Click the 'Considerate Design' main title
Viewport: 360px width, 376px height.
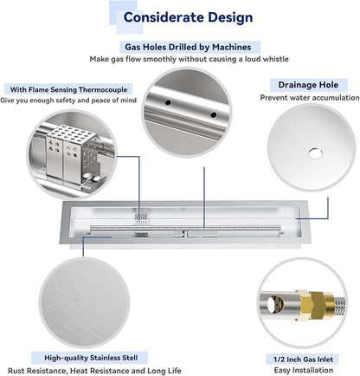[x=188, y=17]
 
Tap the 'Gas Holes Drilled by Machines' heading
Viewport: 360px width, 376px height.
[x=188, y=47]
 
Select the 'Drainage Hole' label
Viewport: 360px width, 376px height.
[x=308, y=85]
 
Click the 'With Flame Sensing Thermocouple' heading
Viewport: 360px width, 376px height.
[x=68, y=89]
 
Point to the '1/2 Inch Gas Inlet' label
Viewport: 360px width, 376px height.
[x=303, y=360]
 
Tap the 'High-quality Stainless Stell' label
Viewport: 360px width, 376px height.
[x=91, y=358]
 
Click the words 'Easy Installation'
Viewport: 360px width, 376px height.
[x=304, y=370]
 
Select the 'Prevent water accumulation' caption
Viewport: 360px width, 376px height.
[x=310, y=98]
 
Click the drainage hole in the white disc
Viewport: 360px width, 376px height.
[x=314, y=153]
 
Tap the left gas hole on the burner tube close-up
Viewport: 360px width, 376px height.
[x=168, y=102]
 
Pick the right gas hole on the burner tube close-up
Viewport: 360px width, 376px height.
[x=214, y=115]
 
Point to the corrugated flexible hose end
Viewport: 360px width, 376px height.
[x=339, y=305]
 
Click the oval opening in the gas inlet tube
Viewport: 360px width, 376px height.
[x=273, y=305]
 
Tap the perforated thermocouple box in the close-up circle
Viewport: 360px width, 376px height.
[x=71, y=154]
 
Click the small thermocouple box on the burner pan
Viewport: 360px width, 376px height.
[x=142, y=220]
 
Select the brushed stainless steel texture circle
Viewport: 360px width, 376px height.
[x=84, y=302]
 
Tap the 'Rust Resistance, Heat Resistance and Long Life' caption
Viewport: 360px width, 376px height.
[x=94, y=371]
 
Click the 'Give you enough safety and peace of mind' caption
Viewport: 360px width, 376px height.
[x=68, y=100]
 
